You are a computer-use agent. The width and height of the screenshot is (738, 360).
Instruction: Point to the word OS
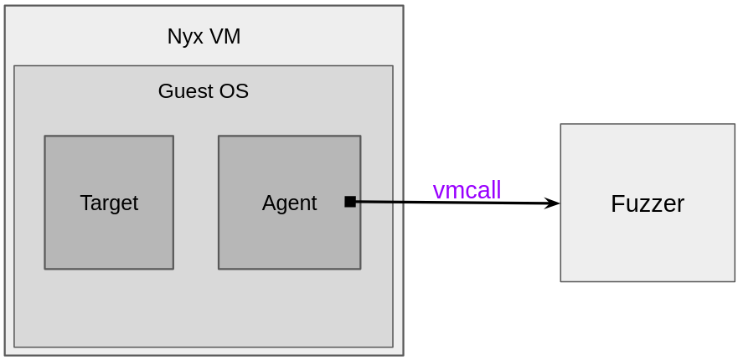click(235, 91)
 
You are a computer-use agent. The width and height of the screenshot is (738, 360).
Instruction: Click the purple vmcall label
click(467, 191)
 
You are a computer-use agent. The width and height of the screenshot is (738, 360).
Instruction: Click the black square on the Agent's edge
click(350, 201)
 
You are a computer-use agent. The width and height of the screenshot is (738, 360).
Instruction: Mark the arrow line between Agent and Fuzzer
click(452, 203)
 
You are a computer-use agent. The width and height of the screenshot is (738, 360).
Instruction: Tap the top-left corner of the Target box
click(45, 136)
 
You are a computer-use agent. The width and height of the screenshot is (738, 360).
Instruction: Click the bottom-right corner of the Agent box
click(360, 269)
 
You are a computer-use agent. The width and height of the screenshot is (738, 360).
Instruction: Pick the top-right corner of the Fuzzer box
click(735, 125)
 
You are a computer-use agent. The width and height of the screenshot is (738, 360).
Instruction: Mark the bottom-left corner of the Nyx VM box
click(5, 355)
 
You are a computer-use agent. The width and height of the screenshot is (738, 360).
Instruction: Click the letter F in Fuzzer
click(617, 204)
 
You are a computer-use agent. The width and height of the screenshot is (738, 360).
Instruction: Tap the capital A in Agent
click(268, 203)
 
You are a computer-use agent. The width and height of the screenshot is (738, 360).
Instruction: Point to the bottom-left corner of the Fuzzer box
click(561, 281)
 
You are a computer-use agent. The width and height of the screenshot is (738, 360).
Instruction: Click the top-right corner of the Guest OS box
click(393, 66)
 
